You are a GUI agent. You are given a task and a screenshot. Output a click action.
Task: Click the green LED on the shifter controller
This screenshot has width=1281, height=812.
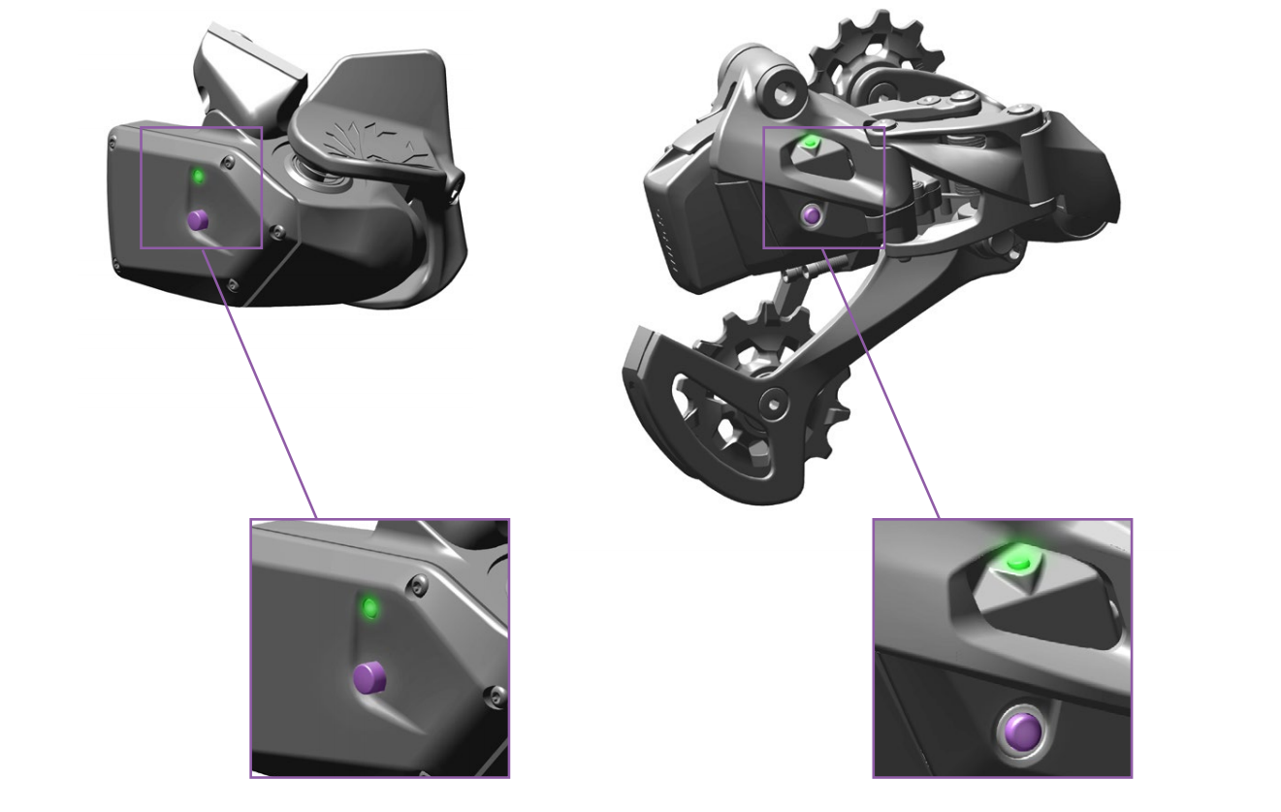tap(198, 177)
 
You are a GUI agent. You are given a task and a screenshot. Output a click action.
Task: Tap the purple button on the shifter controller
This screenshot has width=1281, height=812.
tap(198, 220)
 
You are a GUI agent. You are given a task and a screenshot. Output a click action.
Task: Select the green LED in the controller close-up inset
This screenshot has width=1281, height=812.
tap(368, 608)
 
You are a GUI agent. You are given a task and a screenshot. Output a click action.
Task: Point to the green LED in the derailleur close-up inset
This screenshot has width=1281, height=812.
tap(1016, 562)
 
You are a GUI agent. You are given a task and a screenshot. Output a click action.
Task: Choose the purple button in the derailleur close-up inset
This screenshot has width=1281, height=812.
tap(1015, 733)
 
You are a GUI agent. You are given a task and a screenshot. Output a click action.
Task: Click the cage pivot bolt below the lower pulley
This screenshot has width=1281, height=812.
tap(773, 400)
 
